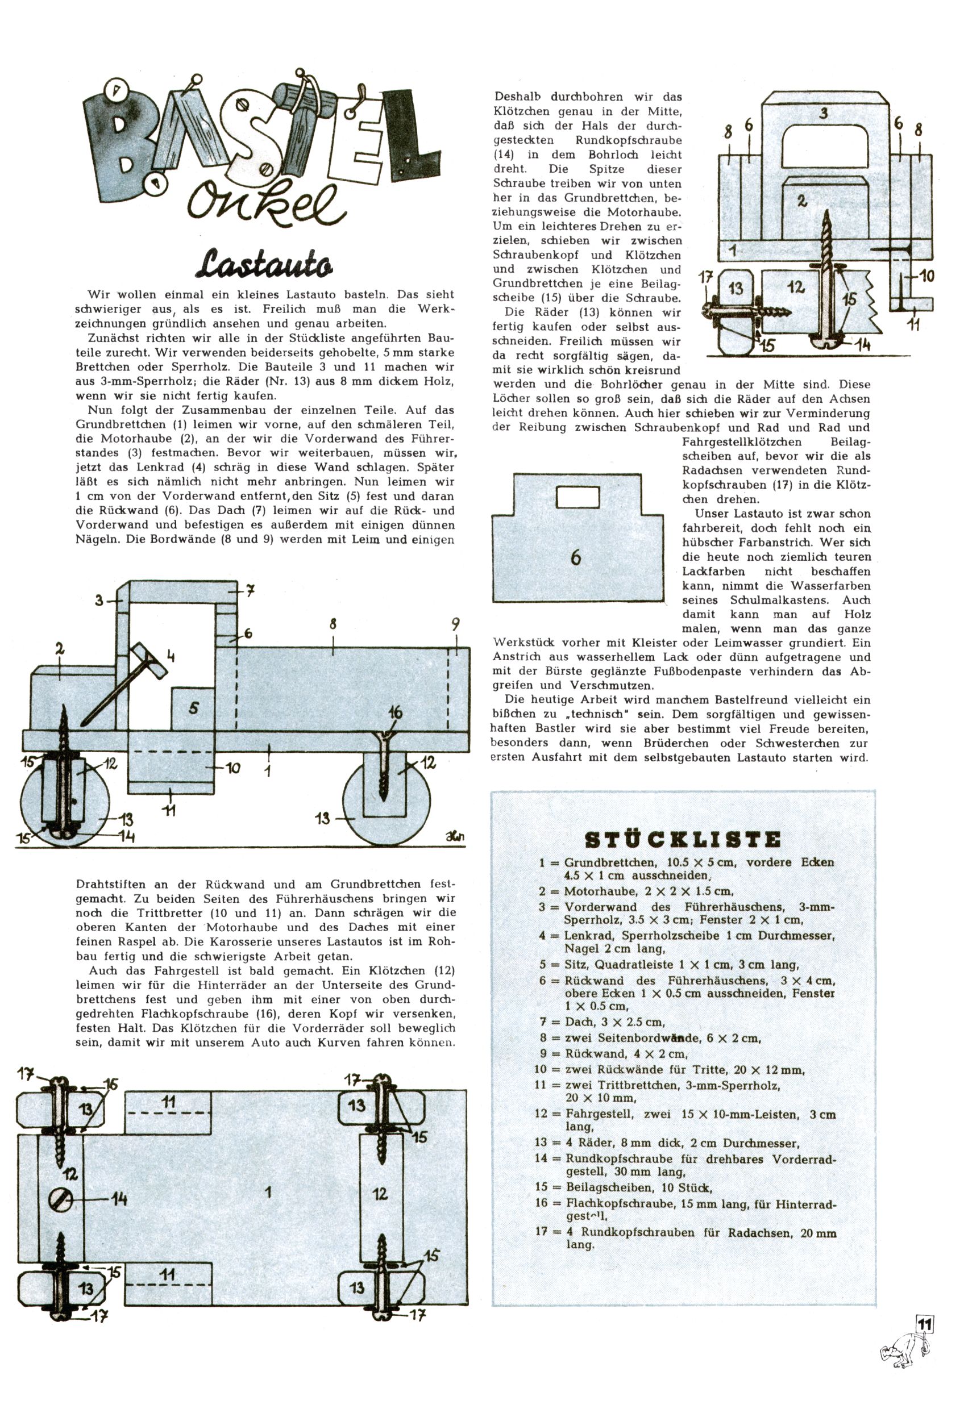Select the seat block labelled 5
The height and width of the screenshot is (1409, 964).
point(193,708)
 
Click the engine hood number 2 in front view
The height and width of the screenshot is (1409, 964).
point(803,201)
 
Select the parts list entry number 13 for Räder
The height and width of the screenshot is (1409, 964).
point(541,1142)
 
